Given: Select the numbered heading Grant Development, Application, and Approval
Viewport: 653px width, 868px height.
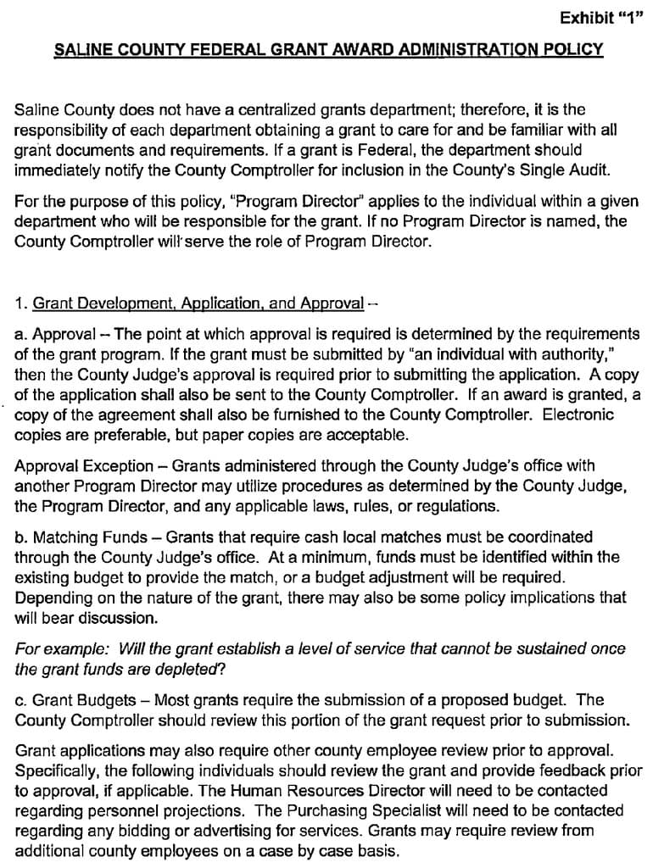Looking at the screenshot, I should pyautogui.click(x=198, y=303).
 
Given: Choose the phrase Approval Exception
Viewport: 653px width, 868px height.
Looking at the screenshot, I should pyautogui.click(x=84, y=466).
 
